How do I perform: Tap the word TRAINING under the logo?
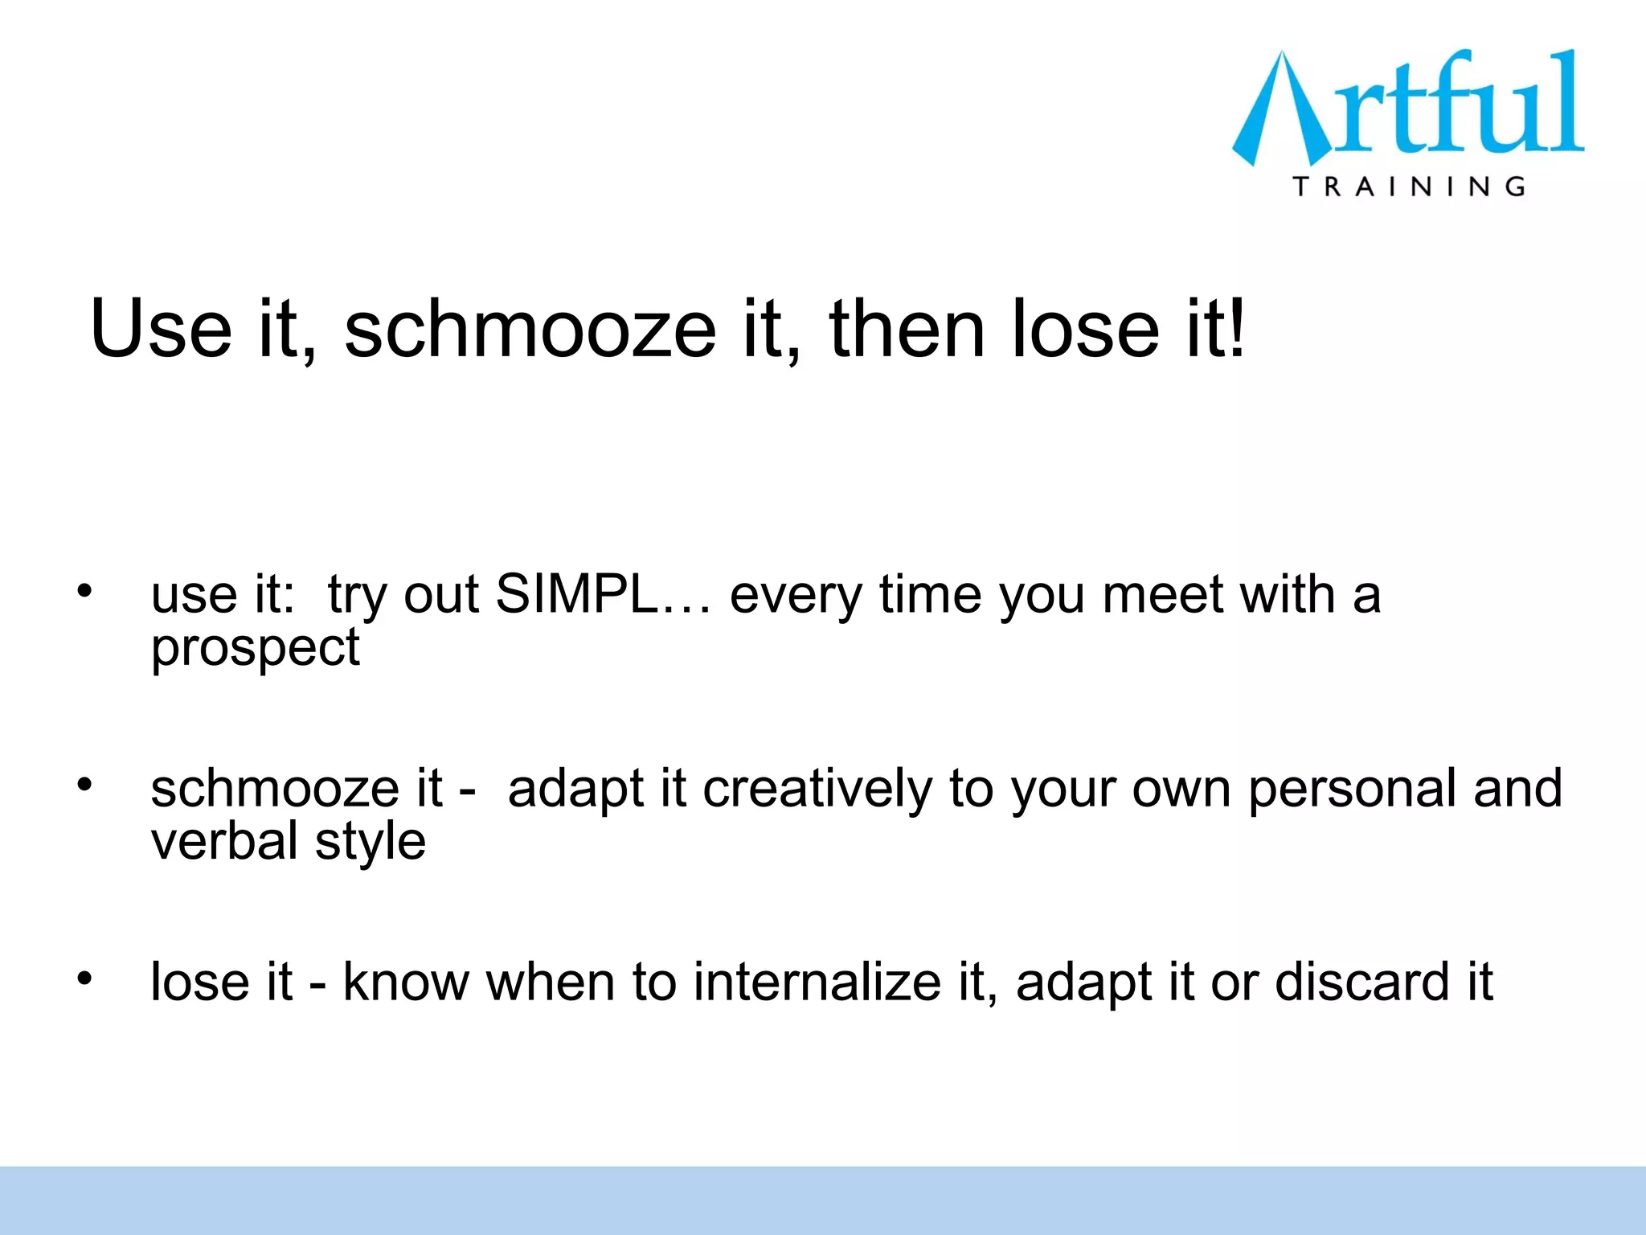pyautogui.click(x=1409, y=187)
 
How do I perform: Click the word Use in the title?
pyautogui.click(x=161, y=330)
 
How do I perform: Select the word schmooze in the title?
pyautogui.click(x=530, y=330)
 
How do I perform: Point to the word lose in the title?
pyautogui.click(x=1085, y=330)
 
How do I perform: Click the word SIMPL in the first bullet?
pyautogui.click(x=575, y=595)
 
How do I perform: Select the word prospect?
pyautogui.click(x=256, y=648)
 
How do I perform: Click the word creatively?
pyautogui.click(x=817, y=789)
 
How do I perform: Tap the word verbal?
pyautogui.click(x=224, y=842)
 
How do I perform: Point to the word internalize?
pyautogui.click(x=817, y=983)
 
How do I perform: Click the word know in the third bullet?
pyautogui.click(x=406, y=983)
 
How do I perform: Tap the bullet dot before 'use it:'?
pyautogui.click(x=85, y=592)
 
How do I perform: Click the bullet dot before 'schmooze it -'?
pyautogui.click(x=85, y=784)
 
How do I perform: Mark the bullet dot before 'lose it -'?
pyautogui.click(x=85, y=978)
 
